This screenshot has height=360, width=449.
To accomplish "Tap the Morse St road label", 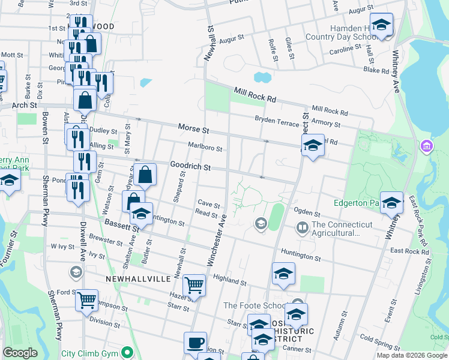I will coord(193,129).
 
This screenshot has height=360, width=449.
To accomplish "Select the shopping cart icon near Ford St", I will coord(87,298).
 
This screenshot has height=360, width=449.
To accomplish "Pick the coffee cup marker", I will coord(195,343).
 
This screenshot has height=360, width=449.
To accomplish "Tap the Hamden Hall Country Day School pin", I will coord(381,24).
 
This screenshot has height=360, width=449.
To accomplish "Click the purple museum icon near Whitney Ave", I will coord(427,146).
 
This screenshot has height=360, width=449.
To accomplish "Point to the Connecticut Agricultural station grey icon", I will coord(302,227).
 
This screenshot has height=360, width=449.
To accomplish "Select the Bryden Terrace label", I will coord(277,121).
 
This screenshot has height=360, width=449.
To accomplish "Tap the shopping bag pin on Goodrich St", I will coord(145,175).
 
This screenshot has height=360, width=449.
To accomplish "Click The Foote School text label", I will coord(256,305).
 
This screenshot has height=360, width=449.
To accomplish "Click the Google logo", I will coord(21,353).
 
